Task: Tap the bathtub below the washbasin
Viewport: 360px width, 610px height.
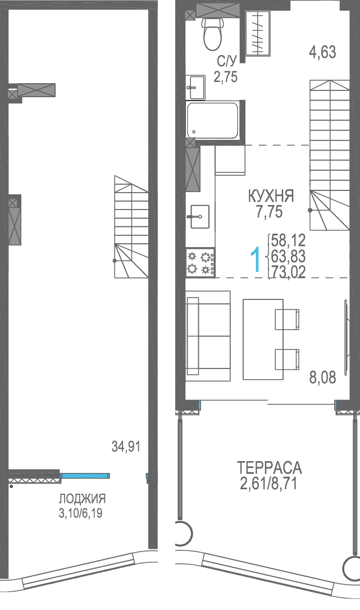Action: click(212, 120)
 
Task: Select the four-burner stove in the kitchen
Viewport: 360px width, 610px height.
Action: click(200, 263)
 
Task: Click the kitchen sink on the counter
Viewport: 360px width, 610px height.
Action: click(199, 216)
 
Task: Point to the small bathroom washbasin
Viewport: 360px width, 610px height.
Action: click(196, 87)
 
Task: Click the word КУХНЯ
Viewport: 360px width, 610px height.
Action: click(271, 197)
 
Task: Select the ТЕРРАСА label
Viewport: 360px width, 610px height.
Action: click(270, 467)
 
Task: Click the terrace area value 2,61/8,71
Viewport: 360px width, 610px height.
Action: click(269, 484)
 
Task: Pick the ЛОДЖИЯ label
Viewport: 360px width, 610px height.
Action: click(82, 498)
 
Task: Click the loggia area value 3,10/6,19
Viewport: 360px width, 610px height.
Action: click(80, 513)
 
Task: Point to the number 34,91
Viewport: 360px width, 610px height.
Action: click(126, 447)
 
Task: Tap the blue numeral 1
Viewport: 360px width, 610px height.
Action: click(256, 260)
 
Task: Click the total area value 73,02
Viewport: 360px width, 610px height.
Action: click(288, 271)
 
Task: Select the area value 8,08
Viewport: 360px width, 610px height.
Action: click(322, 377)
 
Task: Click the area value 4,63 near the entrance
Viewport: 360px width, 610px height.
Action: click(322, 52)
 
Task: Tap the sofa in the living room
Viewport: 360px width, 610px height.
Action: click(208, 336)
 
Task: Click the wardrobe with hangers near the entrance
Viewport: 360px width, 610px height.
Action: click(258, 33)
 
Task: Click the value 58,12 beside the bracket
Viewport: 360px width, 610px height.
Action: click(288, 240)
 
